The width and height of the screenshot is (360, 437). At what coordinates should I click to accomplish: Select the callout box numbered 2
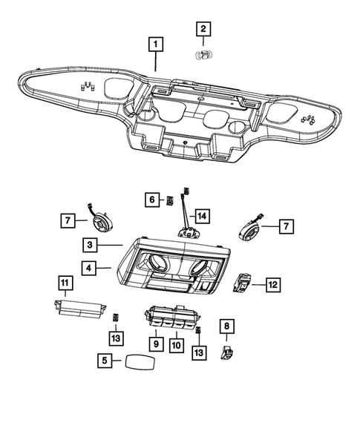pos(202,29)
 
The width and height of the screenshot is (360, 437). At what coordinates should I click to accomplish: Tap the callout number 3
pos(88,245)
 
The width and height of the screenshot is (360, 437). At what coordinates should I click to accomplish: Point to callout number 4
pos(88,268)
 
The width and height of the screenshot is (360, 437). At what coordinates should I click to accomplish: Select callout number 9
pos(157,344)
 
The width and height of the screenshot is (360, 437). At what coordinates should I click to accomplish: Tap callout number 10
pos(177,344)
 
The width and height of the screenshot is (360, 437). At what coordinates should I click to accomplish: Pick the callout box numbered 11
pos(65,283)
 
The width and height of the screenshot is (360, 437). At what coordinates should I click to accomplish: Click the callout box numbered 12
pos(273,283)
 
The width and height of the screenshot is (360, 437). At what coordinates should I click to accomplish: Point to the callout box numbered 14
pos(202,216)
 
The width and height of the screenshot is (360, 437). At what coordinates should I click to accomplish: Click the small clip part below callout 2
pos(202,54)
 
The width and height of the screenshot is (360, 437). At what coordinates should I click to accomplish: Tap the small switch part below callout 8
pos(226,350)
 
